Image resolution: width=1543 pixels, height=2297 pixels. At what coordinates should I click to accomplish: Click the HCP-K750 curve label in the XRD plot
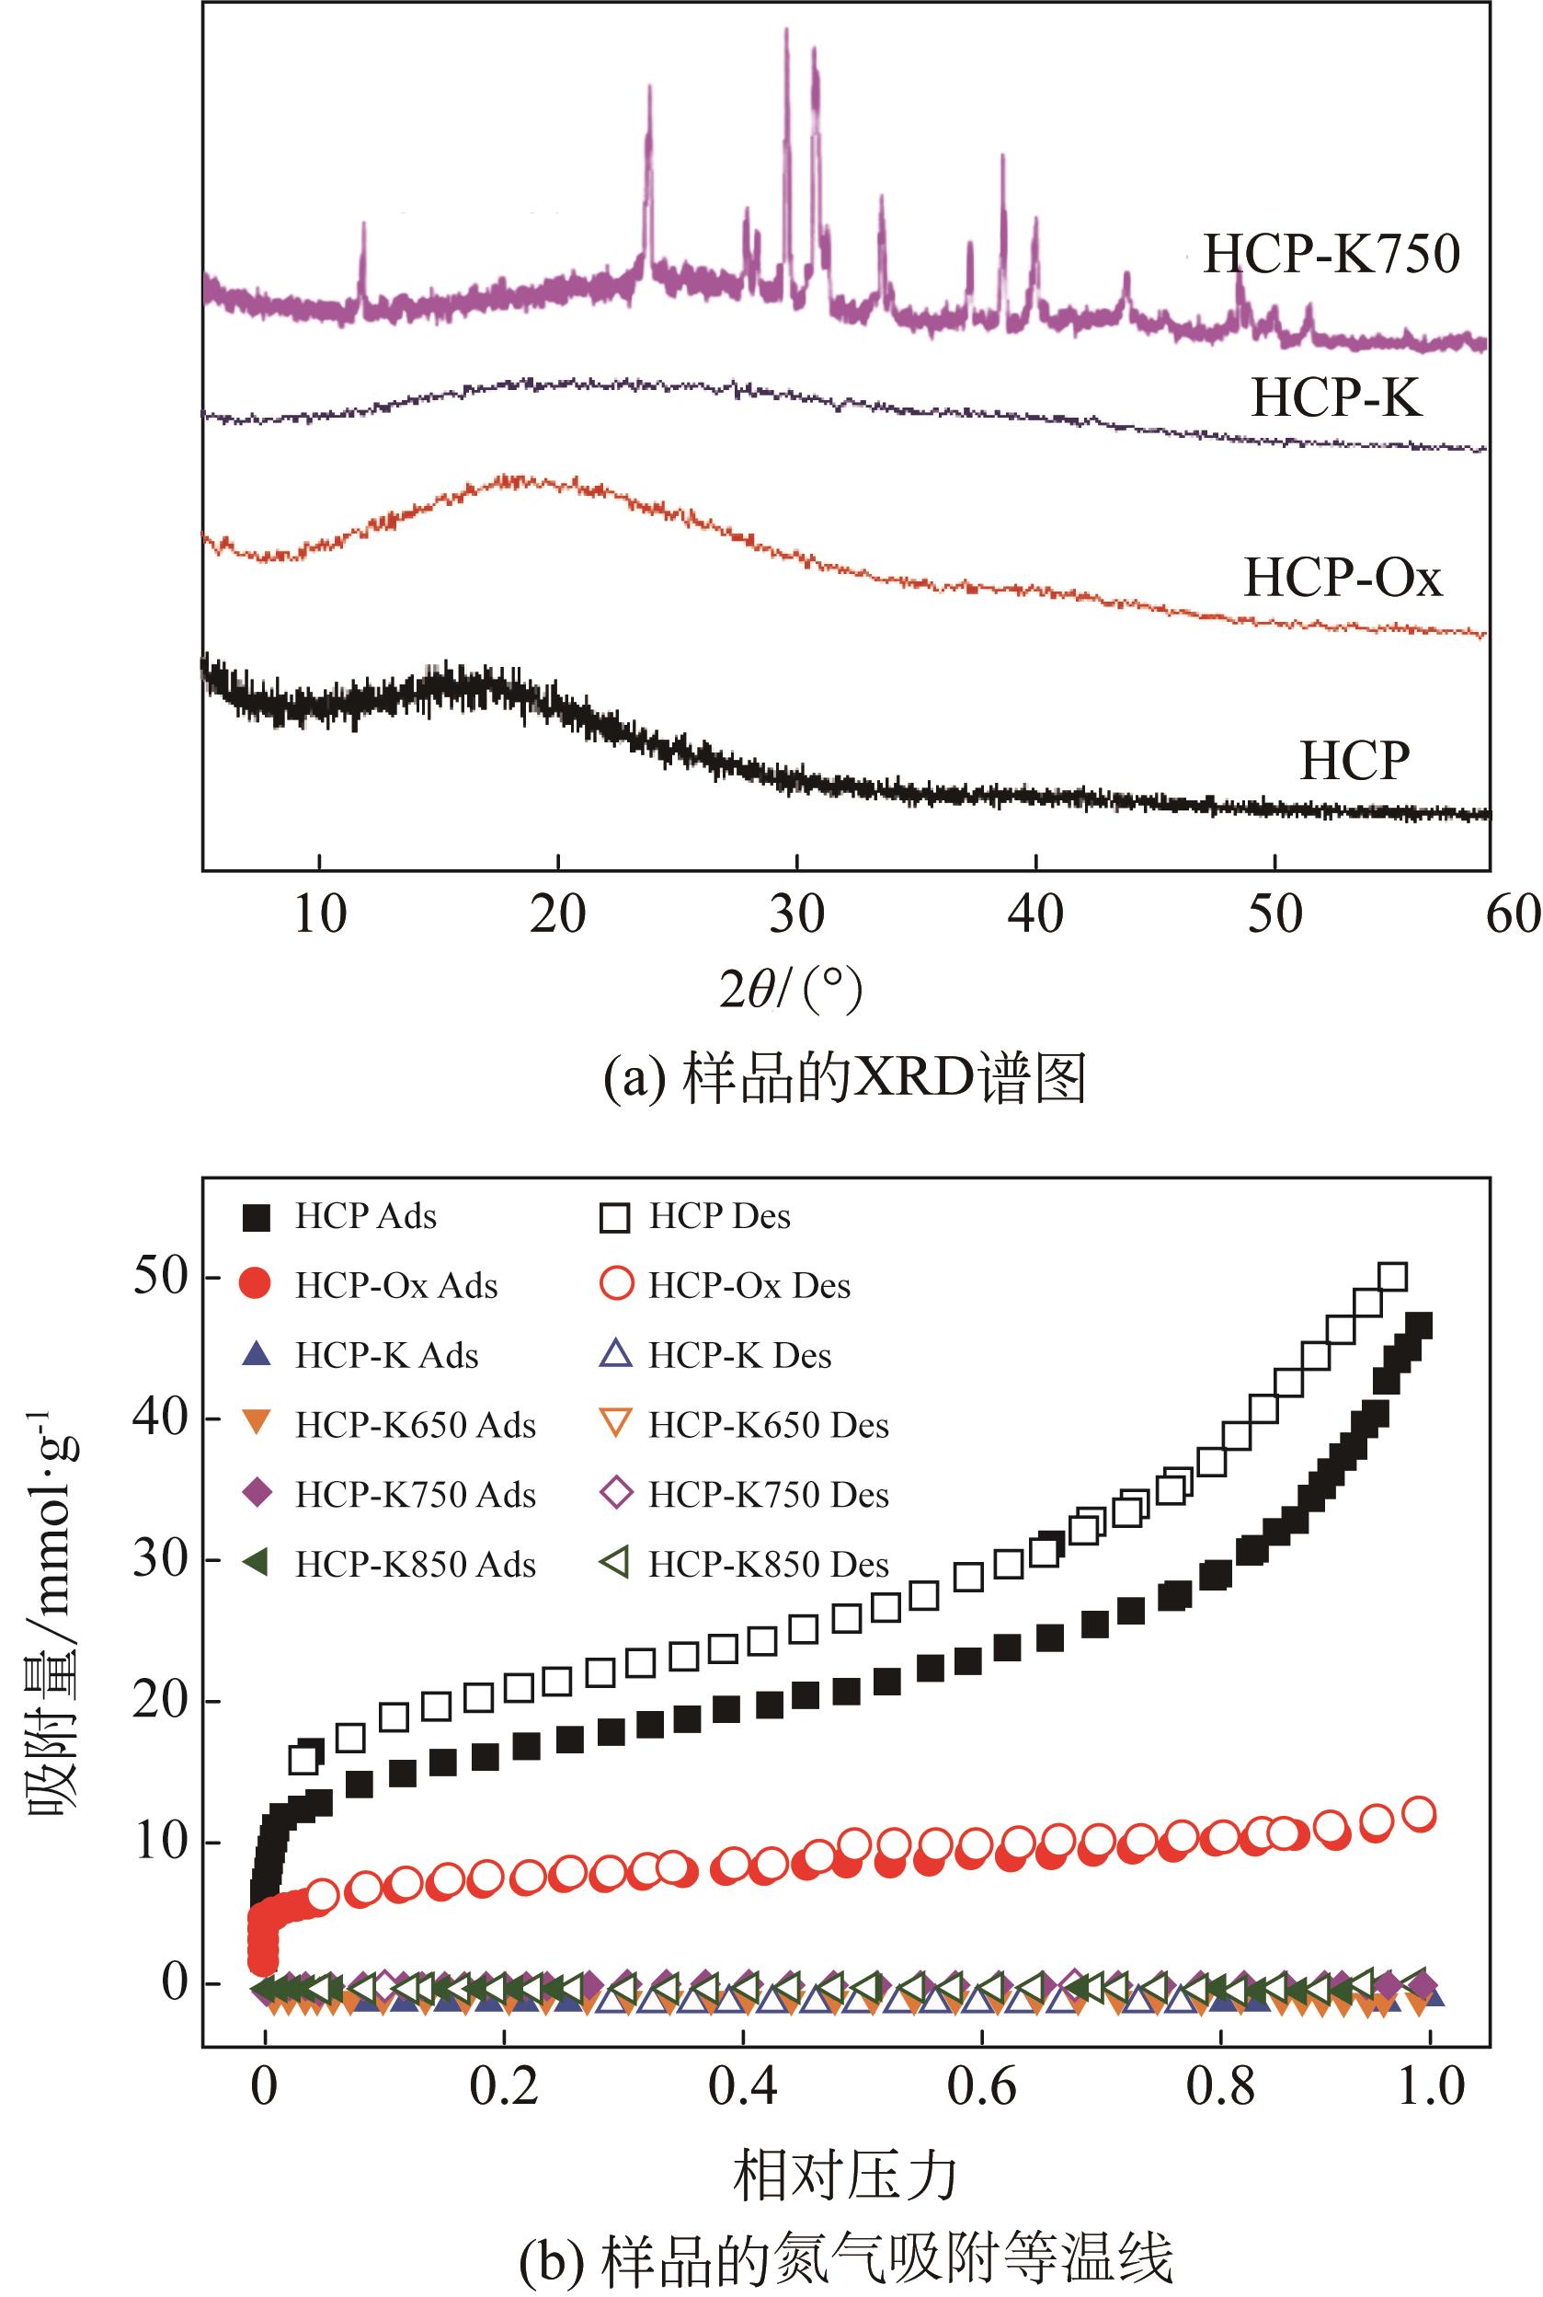[1332, 254]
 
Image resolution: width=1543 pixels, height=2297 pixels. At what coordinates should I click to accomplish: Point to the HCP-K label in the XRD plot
[1336, 398]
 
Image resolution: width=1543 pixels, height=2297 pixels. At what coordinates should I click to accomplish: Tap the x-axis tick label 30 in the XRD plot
[796, 915]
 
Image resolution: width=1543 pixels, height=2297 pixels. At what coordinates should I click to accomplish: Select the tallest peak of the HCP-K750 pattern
[786, 31]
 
